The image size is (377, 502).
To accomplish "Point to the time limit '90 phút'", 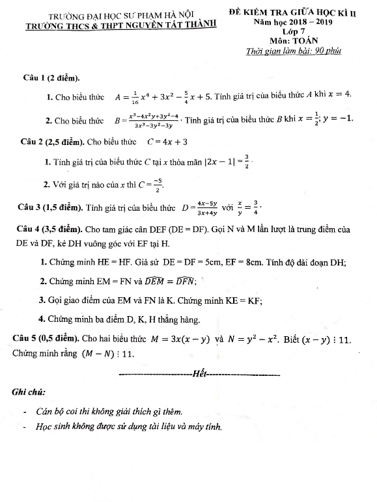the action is [x=324, y=51].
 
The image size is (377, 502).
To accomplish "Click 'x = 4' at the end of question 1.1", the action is [x=337, y=94].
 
